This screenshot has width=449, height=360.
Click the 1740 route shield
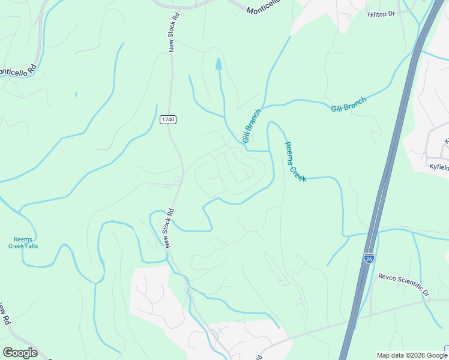168,120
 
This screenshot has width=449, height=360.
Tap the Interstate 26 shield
369,258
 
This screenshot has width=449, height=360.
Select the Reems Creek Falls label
23,242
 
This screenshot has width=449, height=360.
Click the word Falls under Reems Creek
28,246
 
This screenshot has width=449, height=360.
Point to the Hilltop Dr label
382,13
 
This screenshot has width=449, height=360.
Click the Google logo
20,353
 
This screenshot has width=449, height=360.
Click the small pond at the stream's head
218,64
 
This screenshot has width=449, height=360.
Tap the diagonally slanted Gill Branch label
252,125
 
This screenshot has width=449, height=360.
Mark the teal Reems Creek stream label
295,161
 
